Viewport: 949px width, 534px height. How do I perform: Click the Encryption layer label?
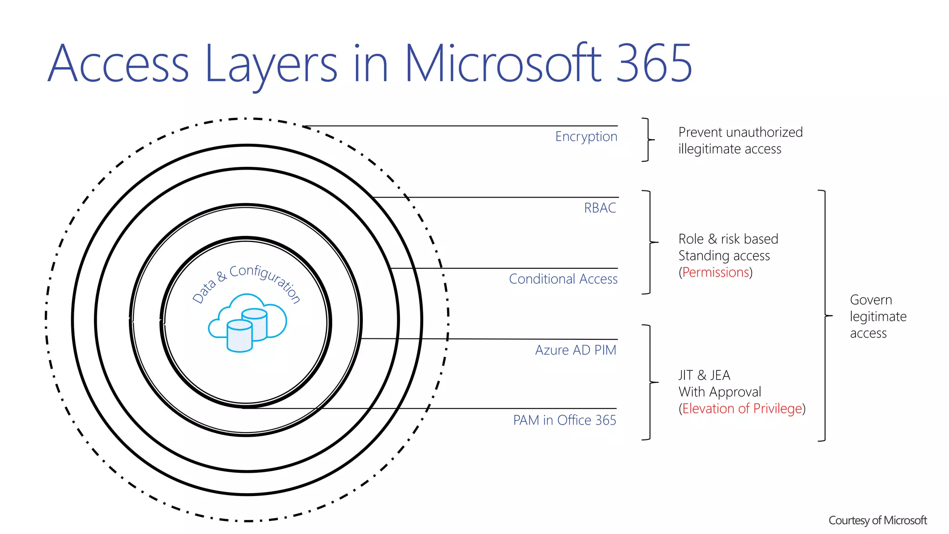[x=586, y=137]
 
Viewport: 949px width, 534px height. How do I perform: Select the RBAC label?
[x=600, y=208]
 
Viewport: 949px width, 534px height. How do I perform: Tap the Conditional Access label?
[x=563, y=279]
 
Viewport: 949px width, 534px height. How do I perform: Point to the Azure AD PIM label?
[x=576, y=350]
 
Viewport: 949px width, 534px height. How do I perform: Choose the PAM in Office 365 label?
[x=564, y=420]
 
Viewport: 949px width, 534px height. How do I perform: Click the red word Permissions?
[x=715, y=273]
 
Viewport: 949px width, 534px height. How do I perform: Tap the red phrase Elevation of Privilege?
[x=742, y=409]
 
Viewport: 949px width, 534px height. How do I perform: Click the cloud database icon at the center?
[x=247, y=323]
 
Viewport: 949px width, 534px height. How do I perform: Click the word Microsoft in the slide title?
[x=503, y=64]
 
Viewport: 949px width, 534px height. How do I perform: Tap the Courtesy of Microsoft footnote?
[x=877, y=521]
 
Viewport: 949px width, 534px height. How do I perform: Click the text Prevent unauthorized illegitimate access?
[x=740, y=140]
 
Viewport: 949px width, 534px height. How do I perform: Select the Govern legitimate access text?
[x=878, y=317]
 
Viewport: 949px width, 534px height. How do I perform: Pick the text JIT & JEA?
[x=704, y=375]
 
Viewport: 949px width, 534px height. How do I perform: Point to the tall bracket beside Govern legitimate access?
[x=824, y=315]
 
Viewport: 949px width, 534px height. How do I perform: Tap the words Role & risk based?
[x=728, y=239]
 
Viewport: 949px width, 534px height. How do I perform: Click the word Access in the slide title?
[x=119, y=64]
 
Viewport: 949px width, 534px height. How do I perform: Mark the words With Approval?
[x=720, y=392]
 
